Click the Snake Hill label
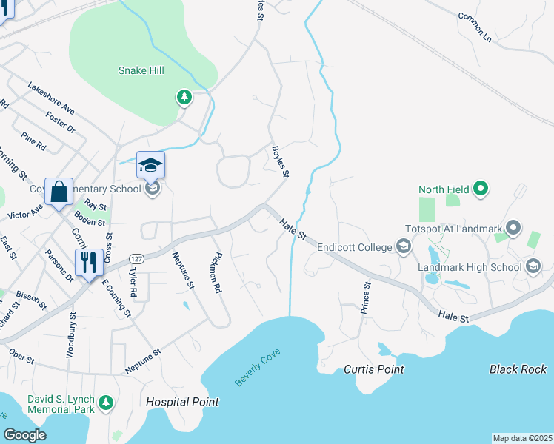tap(141, 70)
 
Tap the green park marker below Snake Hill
tap(184, 96)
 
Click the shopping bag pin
tap(59, 192)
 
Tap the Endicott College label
tap(354, 247)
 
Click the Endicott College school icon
tap(404, 246)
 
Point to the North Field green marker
tap(481, 189)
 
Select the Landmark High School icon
tap(533, 267)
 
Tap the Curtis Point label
tap(374, 369)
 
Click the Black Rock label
tap(518, 369)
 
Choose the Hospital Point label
tap(182, 402)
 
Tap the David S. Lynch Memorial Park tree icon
tap(107, 403)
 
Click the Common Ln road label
tap(475, 26)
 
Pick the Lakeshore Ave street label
tap(52, 98)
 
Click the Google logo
tap(25, 434)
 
